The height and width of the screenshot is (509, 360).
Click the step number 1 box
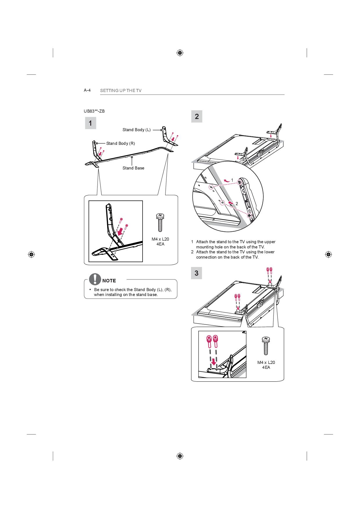[x=90, y=123]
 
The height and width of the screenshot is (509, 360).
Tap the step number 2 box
[x=197, y=116]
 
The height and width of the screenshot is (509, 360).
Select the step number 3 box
[x=197, y=273]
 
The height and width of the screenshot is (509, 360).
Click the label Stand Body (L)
[x=136, y=130]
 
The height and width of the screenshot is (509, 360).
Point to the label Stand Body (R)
[x=120, y=143]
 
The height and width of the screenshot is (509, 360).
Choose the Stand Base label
[x=133, y=168]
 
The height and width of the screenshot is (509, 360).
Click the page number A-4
[x=87, y=90]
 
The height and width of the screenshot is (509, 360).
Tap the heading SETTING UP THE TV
[x=121, y=91]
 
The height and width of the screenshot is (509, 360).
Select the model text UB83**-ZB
[x=94, y=111]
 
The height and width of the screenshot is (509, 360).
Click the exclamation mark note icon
[x=95, y=279]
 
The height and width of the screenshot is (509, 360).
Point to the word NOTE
[x=109, y=281]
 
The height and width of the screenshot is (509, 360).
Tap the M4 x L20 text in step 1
[x=160, y=239]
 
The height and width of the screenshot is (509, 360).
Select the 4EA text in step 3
[x=266, y=367]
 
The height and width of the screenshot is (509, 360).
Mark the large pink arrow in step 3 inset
[x=214, y=362]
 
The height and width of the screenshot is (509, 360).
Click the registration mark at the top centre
[x=180, y=53]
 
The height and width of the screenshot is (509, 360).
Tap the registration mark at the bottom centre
[x=180, y=456]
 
